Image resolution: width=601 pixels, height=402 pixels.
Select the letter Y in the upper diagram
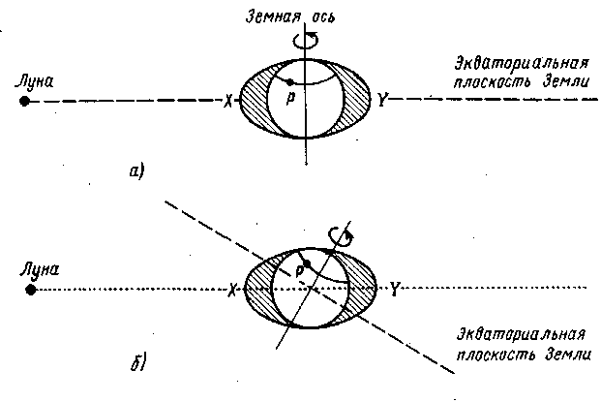point(384,101)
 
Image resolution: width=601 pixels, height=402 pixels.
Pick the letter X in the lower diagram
point(232,289)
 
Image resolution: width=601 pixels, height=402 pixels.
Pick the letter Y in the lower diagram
point(395,288)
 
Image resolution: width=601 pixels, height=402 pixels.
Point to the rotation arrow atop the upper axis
point(310,39)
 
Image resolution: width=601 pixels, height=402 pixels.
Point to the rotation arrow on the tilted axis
point(339,233)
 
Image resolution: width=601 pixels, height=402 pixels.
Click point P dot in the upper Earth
point(287,80)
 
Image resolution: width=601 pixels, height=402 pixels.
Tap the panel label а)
point(136,172)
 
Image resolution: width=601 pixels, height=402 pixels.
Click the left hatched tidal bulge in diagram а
point(253,100)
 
